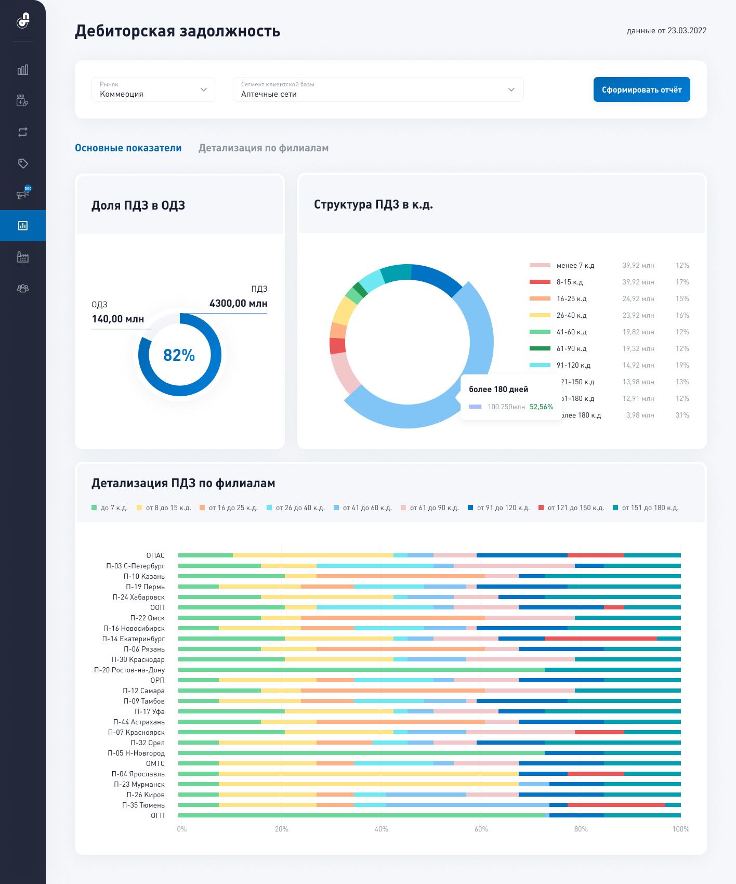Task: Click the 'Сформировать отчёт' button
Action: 641,89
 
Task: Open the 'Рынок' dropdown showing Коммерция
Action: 153,89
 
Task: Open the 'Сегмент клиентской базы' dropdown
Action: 378,89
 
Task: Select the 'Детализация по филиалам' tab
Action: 263,148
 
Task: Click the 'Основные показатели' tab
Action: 128,148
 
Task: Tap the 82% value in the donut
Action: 179,355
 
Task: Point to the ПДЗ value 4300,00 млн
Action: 238,303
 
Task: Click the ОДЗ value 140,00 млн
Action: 117,319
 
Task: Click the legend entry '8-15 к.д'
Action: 569,282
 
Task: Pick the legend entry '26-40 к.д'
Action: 571,315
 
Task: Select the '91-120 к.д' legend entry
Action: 573,365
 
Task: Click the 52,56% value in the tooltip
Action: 541,407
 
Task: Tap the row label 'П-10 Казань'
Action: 144,576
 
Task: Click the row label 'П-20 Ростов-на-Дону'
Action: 129,670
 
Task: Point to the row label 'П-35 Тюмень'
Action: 143,805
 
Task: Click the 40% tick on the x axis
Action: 381,829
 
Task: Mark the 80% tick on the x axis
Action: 581,829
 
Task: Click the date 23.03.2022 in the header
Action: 687,31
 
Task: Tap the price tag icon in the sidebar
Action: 23,163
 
